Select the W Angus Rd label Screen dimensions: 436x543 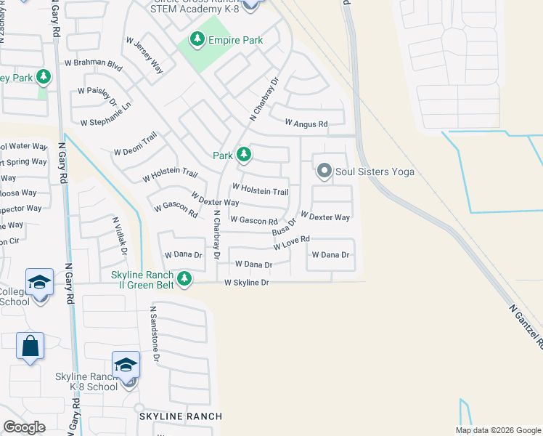click(x=306, y=124)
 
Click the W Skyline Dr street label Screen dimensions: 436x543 click(x=247, y=283)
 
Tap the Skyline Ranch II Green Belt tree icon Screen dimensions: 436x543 click(x=185, y=278)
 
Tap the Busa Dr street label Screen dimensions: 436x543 click(x=285, y=227)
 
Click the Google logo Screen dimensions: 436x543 click(x=24, y=427)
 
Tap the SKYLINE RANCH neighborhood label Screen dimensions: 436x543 click(x=181, y=416)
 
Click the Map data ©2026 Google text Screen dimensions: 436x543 click(x=498, y=429)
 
